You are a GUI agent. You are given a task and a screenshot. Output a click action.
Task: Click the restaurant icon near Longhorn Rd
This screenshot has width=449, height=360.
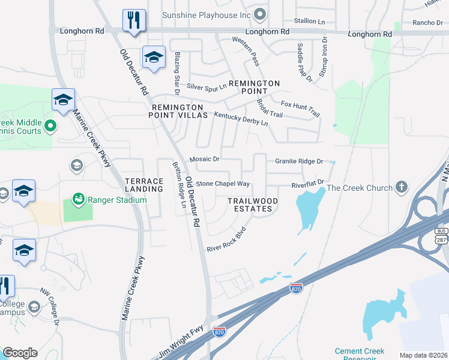(134, 20)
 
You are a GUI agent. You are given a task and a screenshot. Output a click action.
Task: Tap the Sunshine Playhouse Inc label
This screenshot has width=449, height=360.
(208, 14)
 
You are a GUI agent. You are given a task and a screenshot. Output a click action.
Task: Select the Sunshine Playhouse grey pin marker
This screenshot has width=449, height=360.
(260, 13)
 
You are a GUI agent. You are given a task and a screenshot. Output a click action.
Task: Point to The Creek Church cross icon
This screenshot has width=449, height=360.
(402, 188)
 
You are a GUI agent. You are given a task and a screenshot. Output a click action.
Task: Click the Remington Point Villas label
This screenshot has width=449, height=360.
(178, 110)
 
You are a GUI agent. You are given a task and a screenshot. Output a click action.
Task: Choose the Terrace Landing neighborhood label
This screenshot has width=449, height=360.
(144, 185)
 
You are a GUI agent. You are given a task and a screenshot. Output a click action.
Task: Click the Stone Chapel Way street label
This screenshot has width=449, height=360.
(223, 184)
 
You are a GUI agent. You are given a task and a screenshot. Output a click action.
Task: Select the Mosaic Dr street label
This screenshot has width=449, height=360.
(205, 160)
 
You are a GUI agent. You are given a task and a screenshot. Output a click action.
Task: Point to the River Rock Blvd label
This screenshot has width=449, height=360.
(227, 239)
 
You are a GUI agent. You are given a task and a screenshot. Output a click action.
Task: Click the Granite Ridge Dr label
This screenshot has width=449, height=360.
(299, 161)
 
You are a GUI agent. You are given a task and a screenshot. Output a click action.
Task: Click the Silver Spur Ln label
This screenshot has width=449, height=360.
(206, 87)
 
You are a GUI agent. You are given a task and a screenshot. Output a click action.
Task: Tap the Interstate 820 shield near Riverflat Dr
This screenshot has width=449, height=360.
(295, 288)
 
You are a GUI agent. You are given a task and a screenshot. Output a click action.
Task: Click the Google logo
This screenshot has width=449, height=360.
(20, 353)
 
